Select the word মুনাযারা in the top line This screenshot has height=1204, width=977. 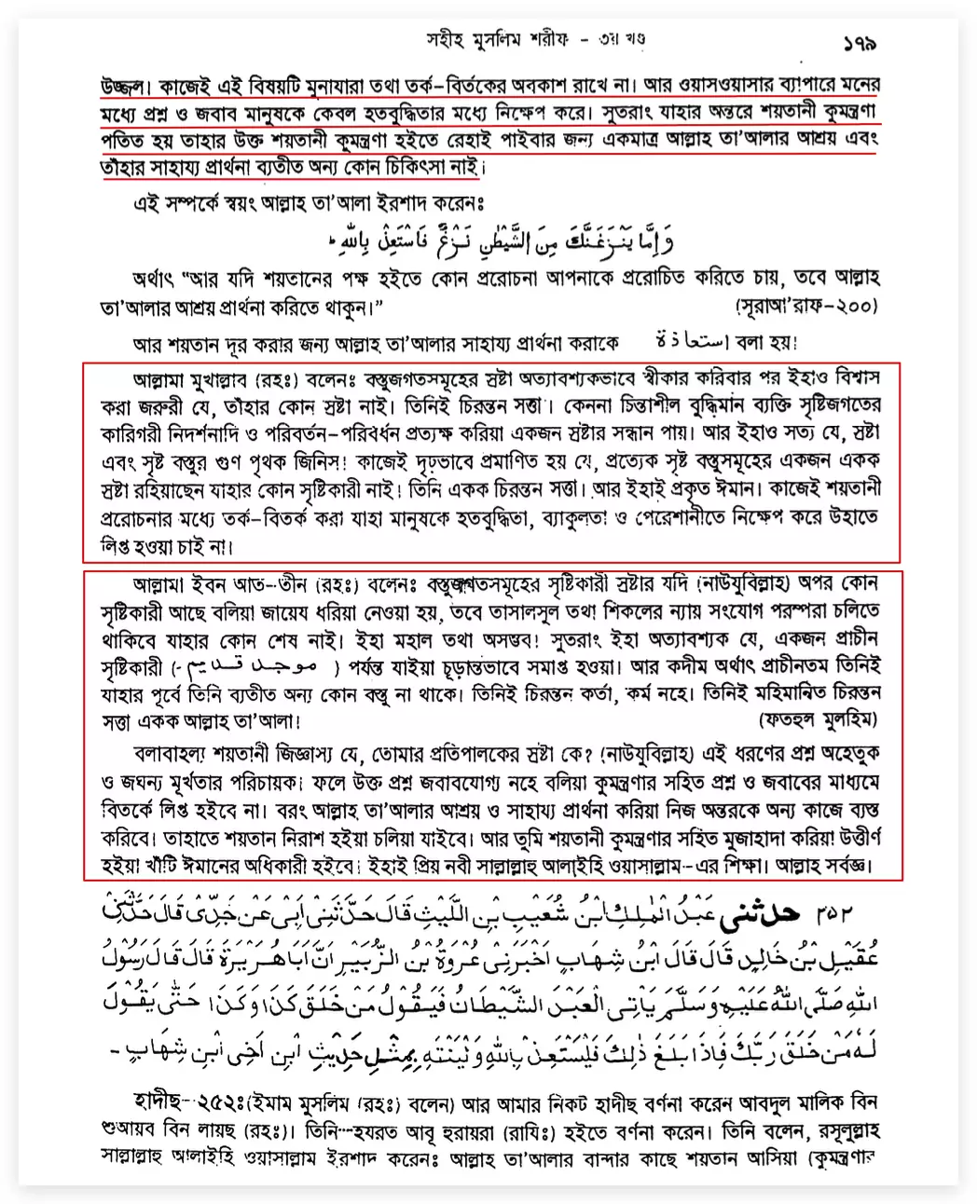click(322, 86)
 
